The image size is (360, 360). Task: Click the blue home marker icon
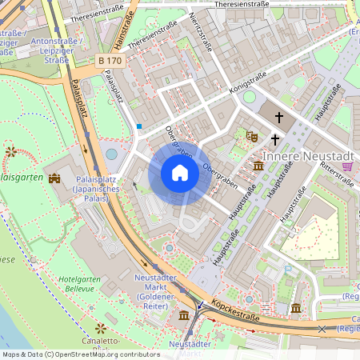(x=180, y=173)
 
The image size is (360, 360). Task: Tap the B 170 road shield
(x=111, y=60)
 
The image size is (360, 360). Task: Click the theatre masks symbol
(x=251, y=137)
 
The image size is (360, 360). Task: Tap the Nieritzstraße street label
(x=201, y=30)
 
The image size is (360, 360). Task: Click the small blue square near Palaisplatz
(x=139, y=126)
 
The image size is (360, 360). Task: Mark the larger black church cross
(x=280, y=118)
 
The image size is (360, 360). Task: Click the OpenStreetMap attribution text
(x=81, y=354)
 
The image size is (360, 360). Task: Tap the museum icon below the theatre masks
(x=258, y=166)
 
